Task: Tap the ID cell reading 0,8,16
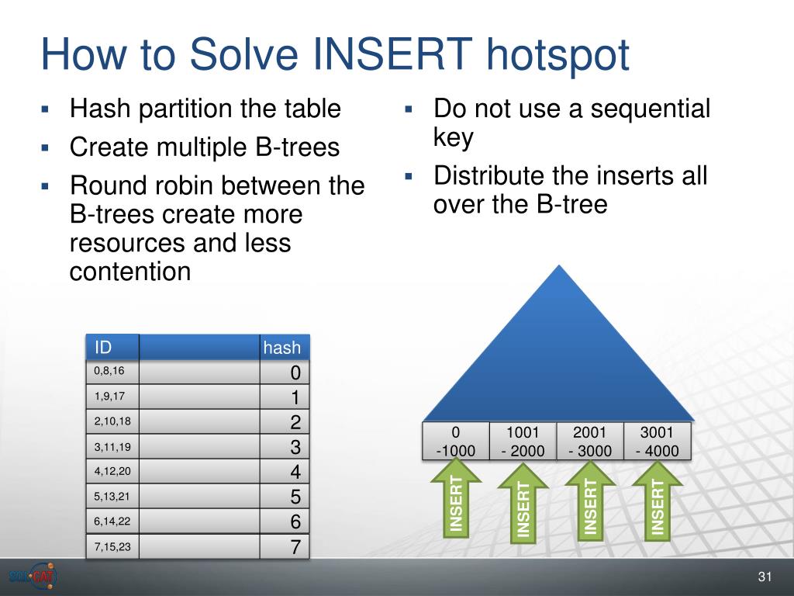point(112,372)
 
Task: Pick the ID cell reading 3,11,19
point(112,446)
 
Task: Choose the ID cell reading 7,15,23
point(112,546)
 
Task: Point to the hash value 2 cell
point(285,421)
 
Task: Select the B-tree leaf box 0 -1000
point(456,441)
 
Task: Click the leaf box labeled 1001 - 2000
point(523,441)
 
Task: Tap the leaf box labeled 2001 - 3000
point(590,441)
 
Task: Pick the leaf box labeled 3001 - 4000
point(657,441)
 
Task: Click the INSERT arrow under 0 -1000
point(456,499)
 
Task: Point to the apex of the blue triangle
point(559,265)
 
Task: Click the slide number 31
point(765,577)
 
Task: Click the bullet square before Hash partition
point(46,109)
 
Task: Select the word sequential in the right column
point(651,109)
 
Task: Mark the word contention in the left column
point(130,271)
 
